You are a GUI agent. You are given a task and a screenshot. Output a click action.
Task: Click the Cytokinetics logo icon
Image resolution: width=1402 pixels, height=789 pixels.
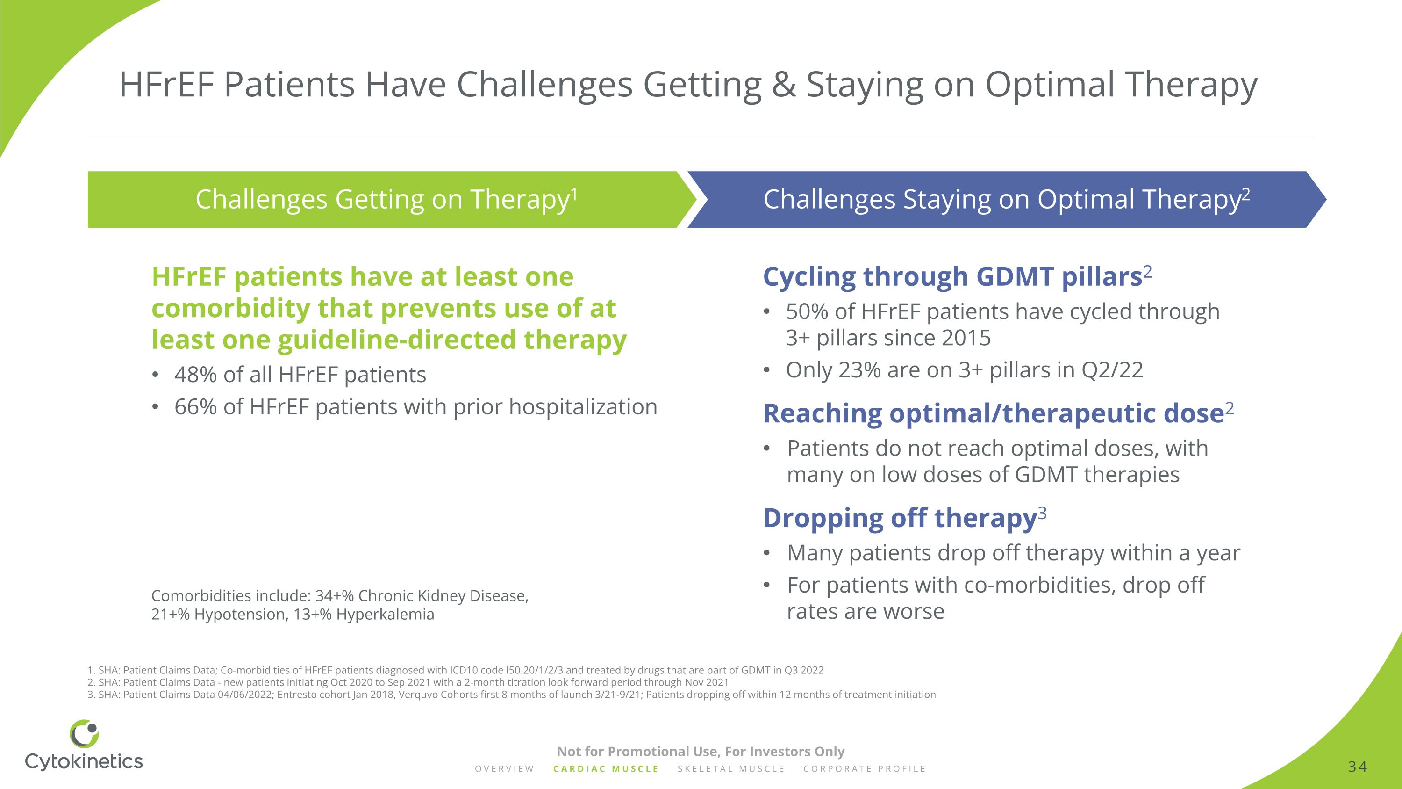[85, 733]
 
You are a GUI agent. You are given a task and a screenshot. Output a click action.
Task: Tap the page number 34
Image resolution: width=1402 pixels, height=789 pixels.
[1358, 767]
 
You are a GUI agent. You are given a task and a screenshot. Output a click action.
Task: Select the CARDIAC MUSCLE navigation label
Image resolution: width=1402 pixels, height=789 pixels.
[606, 769]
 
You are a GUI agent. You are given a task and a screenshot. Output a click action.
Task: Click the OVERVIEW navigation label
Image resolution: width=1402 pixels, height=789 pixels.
[505, 769]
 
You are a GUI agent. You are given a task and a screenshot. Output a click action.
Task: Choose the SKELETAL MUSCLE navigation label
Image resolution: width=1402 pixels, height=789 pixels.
[731, 769]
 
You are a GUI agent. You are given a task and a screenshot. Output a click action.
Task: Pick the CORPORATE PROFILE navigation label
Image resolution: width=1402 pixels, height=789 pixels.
[864, 769]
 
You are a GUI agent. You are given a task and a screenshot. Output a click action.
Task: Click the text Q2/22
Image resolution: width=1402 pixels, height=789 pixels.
[1112, 370]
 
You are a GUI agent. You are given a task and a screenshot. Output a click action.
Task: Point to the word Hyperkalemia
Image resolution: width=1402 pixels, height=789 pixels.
[386, 614]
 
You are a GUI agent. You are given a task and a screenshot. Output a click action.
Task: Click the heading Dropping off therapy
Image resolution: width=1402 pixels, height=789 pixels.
[900, 518]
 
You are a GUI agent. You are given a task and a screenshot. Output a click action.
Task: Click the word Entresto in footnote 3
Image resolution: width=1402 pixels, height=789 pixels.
[296, 695]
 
